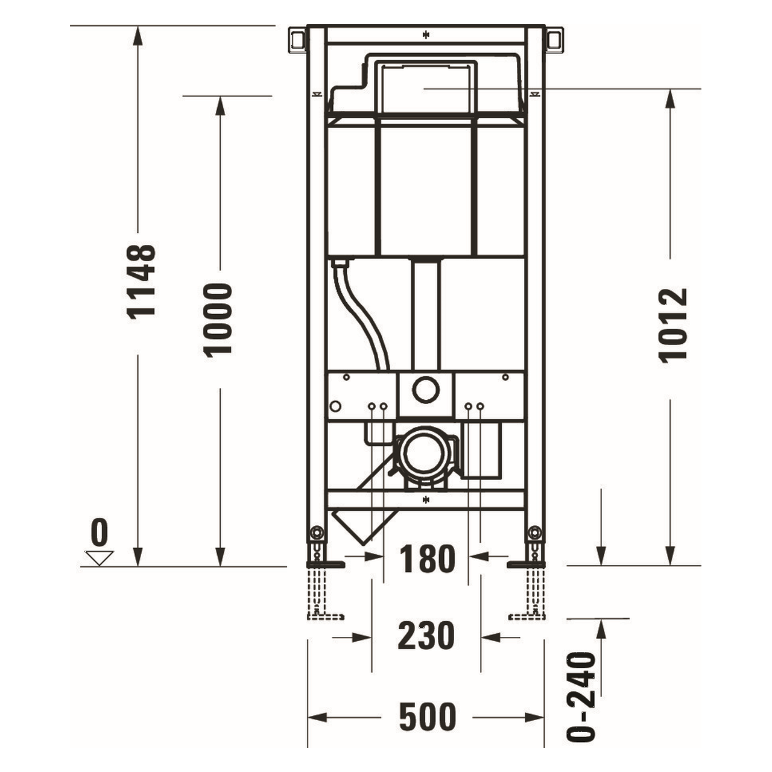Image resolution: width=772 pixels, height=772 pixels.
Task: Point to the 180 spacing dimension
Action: point(426,558)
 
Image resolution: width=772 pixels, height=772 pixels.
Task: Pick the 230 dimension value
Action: point(426,636)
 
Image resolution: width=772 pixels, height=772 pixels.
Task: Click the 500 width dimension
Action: point(427,717)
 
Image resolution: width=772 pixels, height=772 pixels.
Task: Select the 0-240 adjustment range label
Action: point(582,697)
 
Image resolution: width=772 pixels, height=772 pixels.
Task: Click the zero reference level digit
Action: point(100,533)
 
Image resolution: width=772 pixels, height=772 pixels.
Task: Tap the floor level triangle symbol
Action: point(100,557)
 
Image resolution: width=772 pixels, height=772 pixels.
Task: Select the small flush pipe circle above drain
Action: point(426,390)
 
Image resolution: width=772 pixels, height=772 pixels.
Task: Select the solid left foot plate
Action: point(326,565)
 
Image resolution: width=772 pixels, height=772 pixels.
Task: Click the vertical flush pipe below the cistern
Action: point(426,314)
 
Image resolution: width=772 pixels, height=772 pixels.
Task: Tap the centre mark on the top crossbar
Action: point(426,34)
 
